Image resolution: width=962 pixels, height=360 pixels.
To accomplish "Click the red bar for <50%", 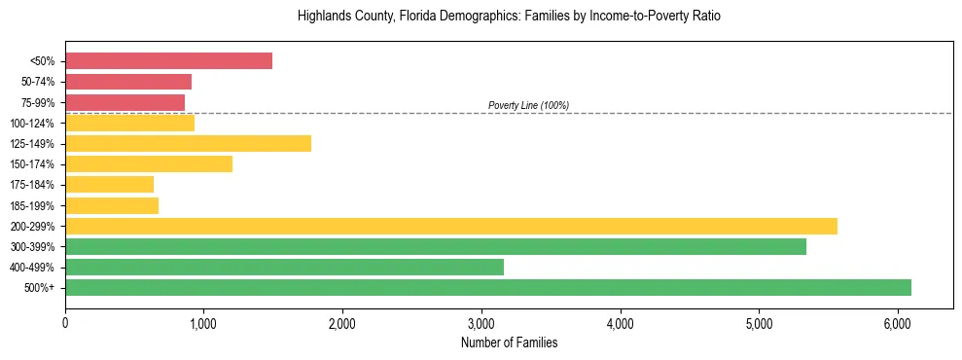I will [x=168, y=61].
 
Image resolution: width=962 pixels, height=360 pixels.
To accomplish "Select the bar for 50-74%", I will [x=128, y=82].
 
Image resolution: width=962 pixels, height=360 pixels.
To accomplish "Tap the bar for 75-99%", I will [x=125, y=102].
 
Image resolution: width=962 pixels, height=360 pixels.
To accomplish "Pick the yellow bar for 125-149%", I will [x=188, y=144].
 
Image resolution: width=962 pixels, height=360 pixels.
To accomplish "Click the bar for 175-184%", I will [x=109, y=185].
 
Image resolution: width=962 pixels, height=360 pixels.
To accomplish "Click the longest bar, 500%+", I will [x=488, y=287].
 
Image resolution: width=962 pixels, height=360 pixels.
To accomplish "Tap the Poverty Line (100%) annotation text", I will [x=528, y=105].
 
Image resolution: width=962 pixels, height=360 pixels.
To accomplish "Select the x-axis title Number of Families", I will [x=509, y=342].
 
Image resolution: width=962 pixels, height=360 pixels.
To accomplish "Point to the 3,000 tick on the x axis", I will [x=481, y=323].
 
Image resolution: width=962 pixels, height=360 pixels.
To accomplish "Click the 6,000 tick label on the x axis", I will [x=898, y=323].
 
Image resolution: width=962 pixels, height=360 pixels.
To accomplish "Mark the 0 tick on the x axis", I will [x=65, y=323].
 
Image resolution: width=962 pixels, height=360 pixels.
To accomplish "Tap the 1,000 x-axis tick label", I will [x=203, y=323].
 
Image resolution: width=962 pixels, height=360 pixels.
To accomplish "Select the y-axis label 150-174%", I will [x=32, y=164].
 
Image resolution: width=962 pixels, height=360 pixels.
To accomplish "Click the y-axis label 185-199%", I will [x=32, y=205].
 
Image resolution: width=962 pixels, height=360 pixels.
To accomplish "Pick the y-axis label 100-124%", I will [x=32, y=124].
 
